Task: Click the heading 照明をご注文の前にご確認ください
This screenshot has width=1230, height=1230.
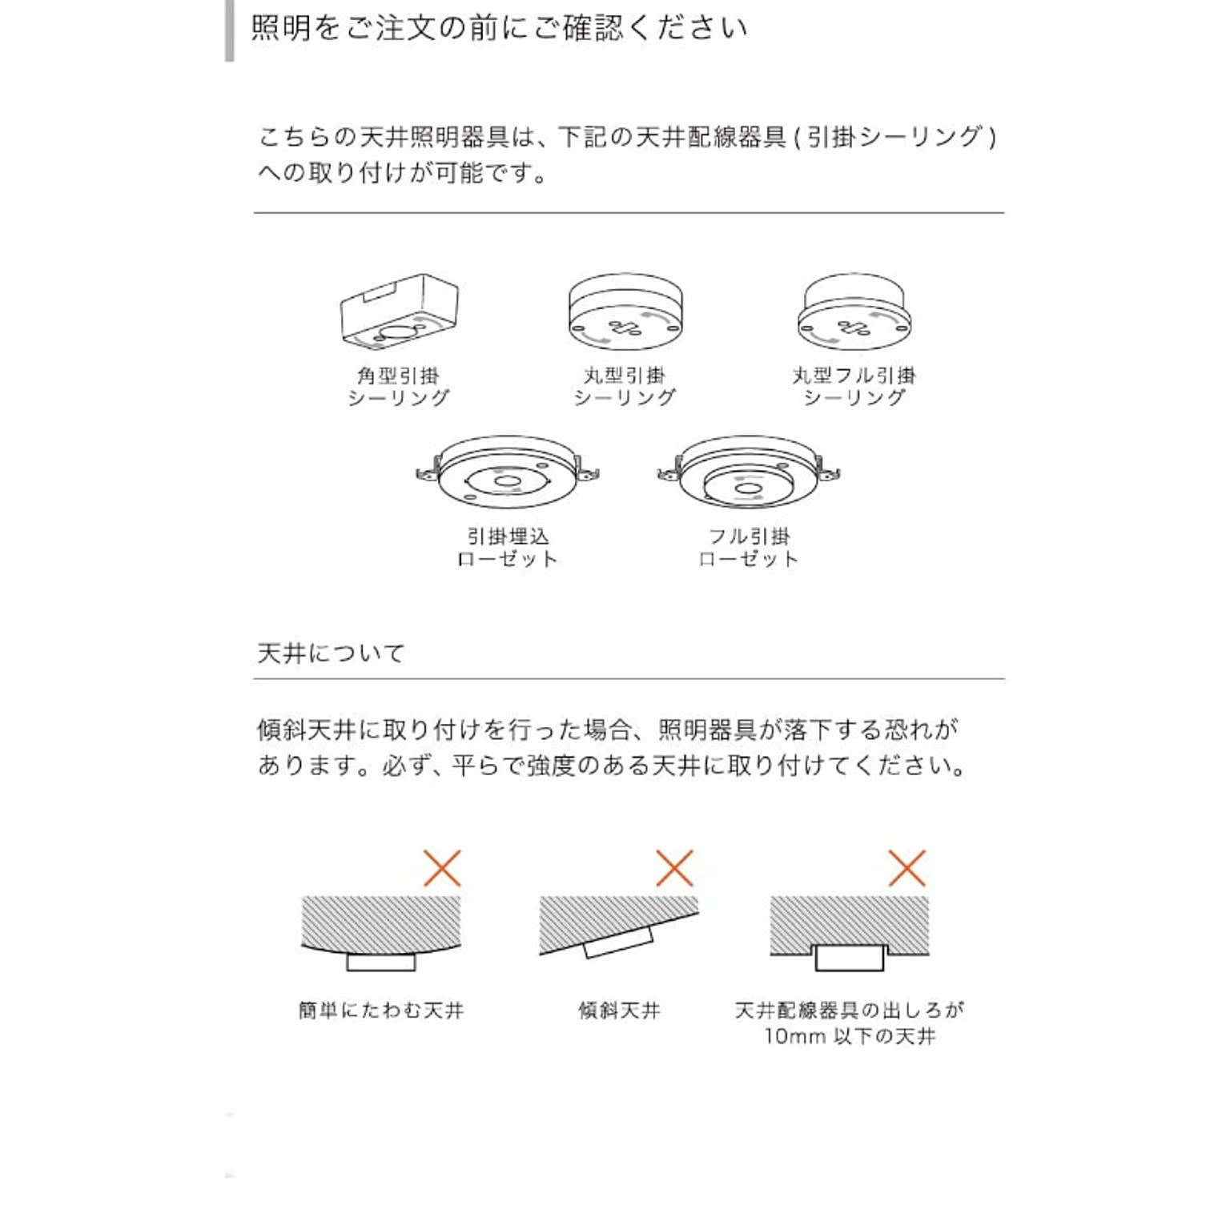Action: (x=499, y=29)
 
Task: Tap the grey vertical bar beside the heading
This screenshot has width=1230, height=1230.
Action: (x=230, y=30)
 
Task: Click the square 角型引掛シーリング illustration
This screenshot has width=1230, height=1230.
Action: (x=400, y=312)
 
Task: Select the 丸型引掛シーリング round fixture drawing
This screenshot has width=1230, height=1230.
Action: (x=625, y=312)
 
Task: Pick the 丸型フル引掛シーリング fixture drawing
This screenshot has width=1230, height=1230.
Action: (x=854, y=312)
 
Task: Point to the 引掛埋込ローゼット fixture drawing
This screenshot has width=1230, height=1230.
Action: (x=508, y=472)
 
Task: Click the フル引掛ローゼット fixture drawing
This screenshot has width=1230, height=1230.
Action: (x=748, y=472)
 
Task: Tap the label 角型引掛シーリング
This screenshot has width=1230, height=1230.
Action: (x=399, y=387)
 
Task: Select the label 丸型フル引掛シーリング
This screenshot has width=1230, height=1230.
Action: (x=854, y=387)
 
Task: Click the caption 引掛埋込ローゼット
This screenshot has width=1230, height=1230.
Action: (x=508, y=548)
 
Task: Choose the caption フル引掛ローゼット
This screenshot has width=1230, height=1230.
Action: (x=749, y=548)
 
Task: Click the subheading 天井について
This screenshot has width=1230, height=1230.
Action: (x=331, y=653)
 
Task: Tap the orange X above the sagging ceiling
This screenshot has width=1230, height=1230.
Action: (x=442, y=868)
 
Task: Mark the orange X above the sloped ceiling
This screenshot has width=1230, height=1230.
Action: (x=674, y=868)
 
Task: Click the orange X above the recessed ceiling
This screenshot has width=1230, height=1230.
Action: (x=906, y=868)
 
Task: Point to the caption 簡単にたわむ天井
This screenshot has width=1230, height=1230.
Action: (x=381, y=1011)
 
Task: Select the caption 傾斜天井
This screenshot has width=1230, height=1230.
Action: (x=619, y=1011)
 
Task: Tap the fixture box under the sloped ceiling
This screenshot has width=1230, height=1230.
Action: (x=618, y=943)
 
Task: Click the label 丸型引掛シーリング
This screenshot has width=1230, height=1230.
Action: (x=625, y=387)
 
